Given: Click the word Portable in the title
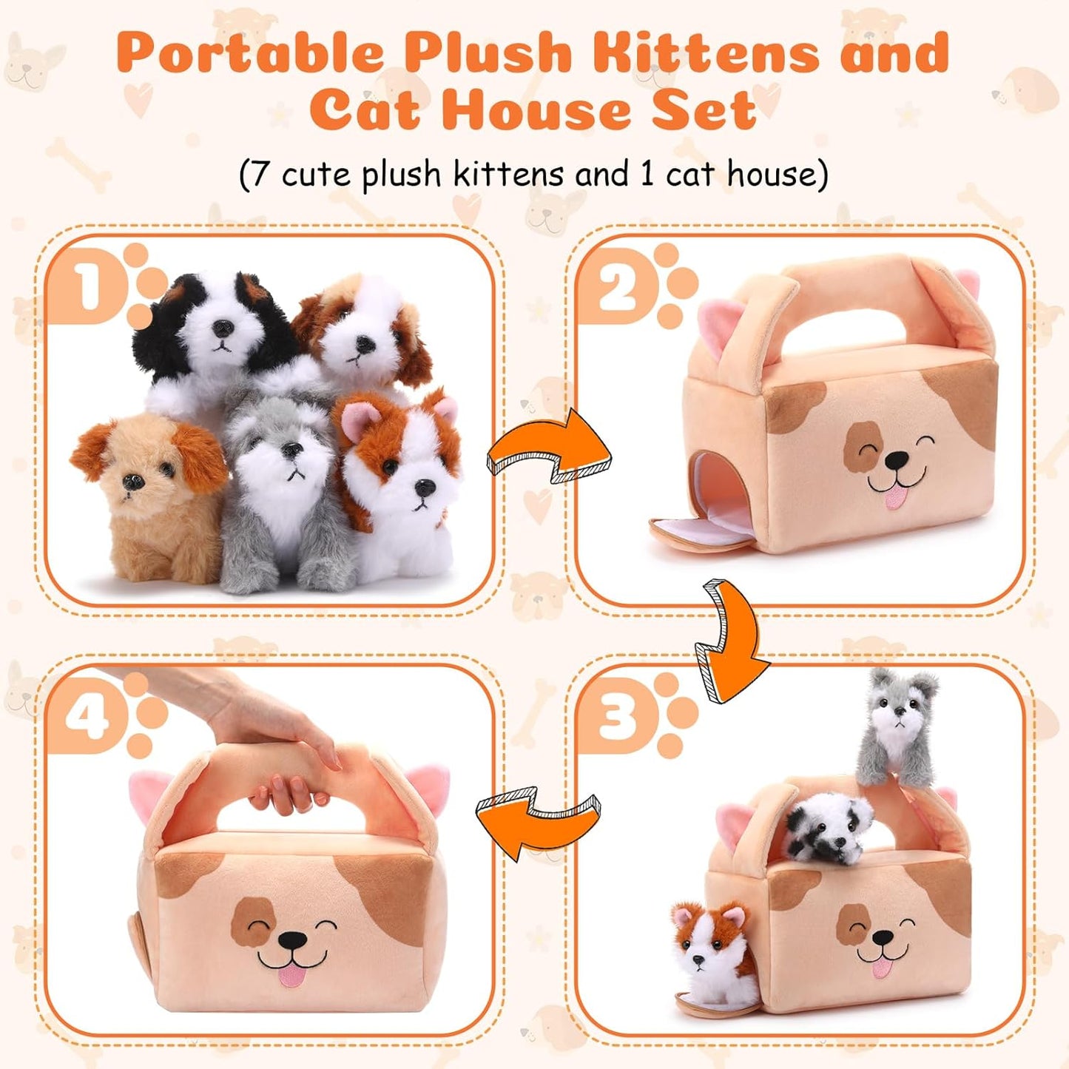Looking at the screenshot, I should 250,53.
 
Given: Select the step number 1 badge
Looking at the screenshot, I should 89,287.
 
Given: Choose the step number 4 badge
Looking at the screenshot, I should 87,715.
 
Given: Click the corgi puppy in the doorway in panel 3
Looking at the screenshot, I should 710,947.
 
